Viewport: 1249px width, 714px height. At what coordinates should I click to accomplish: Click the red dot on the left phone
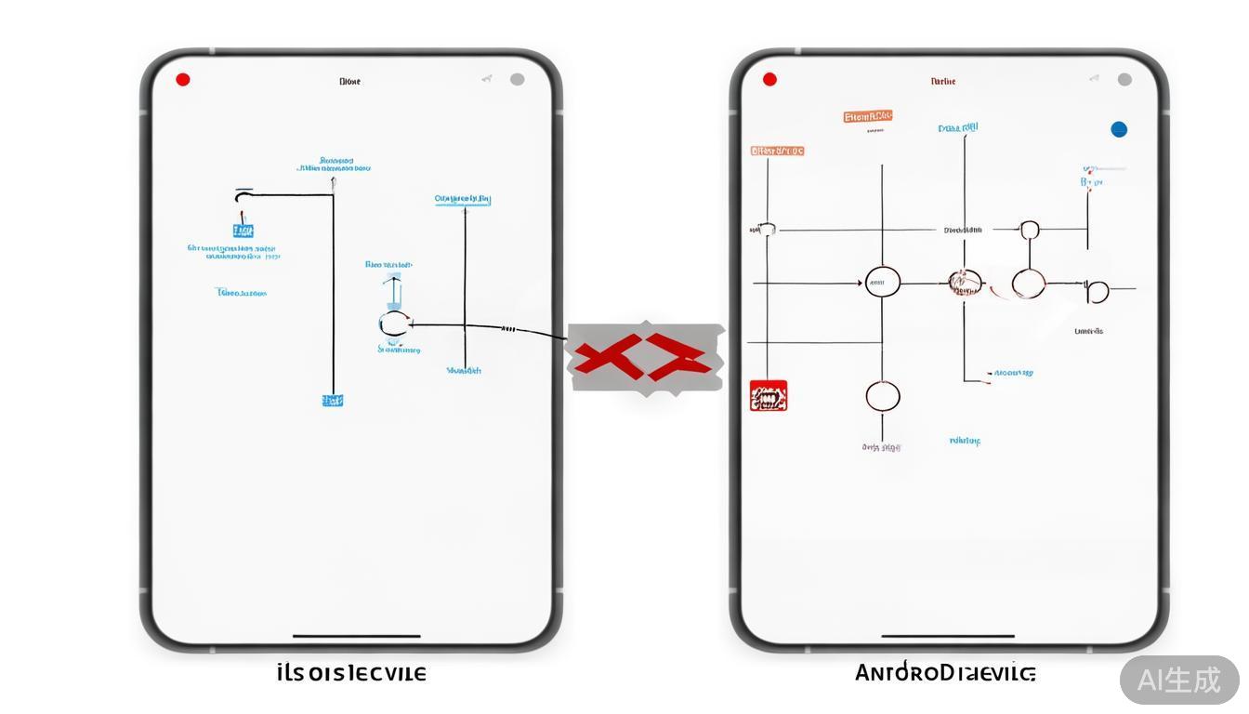[x=183, y=80]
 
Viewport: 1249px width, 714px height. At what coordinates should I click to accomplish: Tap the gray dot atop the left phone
[x=517, y=80]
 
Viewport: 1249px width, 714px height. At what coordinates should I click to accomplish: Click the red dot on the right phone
[x=769, y=80]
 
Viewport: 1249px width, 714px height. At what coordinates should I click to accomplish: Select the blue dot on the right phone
[x=1119, y=129]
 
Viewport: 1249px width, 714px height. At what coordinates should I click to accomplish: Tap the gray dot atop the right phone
[x=1124, y=80]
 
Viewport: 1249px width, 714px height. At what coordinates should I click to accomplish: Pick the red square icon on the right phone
[x=769, y=396]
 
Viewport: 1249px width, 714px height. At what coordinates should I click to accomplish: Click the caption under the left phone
[x=351, y=673]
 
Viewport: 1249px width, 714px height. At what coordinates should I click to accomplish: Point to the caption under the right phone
[x=944, y=673]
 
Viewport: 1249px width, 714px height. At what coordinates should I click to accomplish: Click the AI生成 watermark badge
[x=1179, y=680]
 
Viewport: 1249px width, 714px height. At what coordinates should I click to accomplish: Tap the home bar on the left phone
[x=356, y=637]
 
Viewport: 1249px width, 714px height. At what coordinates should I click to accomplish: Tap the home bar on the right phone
[x=947, y=637]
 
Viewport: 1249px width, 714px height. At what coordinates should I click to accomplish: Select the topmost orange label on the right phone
[x=868, y=117]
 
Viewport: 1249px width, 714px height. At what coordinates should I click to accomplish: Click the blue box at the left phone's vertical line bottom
[x=332, y=401]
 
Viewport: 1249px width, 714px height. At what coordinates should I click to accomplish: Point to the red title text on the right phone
[x=942, y=82]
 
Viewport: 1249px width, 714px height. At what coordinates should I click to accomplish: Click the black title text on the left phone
[x=349, y=82]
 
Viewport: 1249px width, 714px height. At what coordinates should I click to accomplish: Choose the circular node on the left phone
[x=393, y=324]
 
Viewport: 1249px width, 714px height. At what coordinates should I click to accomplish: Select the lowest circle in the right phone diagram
[x=883, y=397]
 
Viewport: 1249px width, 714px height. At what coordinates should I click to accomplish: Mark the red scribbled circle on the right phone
[x=965, y=282]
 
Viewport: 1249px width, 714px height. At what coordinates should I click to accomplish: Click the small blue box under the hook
[x=243, y=231]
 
